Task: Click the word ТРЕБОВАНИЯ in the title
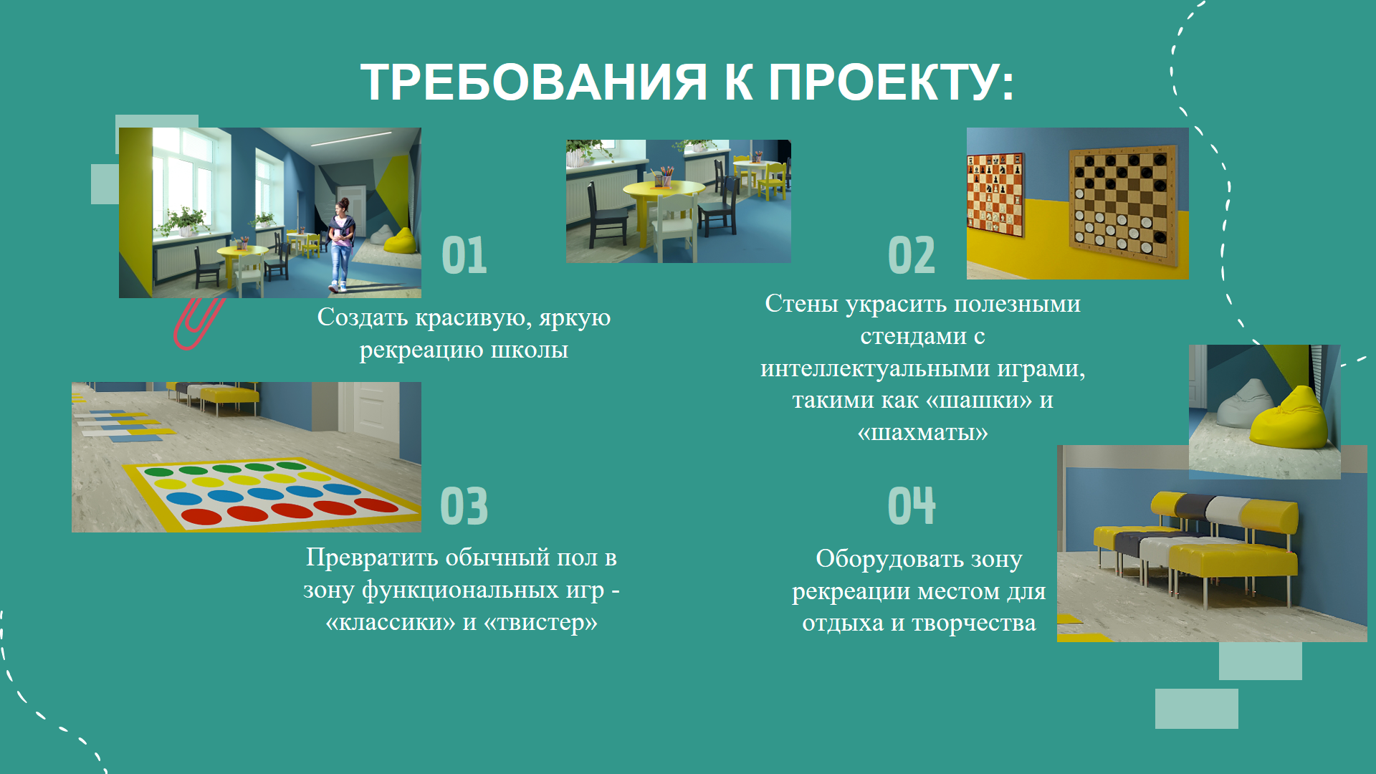pos(534,82)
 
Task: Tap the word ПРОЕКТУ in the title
pos(884,82)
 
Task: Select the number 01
pos(464,255)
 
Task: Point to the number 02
pos(912,255)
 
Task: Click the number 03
pos(464,506)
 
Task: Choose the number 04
pos(912,506)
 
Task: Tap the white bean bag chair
pos(1246,403)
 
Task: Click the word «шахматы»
pos(923,432)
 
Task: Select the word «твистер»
pos(540,622)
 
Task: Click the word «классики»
pos(391,622)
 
